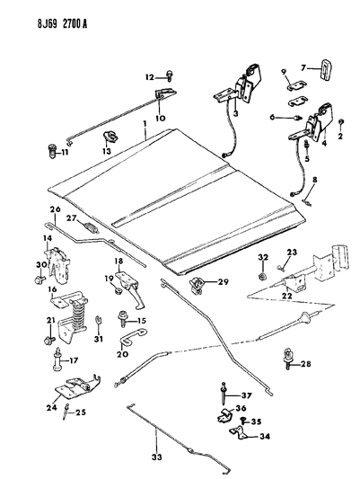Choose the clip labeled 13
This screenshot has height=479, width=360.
110,137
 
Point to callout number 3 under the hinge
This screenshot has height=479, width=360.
233,114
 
